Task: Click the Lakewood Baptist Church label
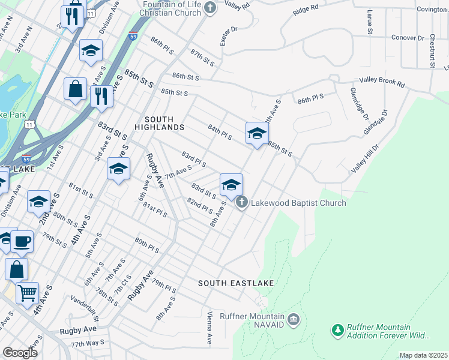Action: click(x=298, y=203)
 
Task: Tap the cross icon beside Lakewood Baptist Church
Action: click(x=242, y=202)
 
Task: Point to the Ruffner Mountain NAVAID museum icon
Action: click(x=293, y=318)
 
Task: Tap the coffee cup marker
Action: click(x=22, y=241)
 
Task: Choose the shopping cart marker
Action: click(x=27, y=293)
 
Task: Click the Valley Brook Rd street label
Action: click(x=382, y=80)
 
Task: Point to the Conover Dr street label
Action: click(x=408, y=38)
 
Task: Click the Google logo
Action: click(x=20, y=353)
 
